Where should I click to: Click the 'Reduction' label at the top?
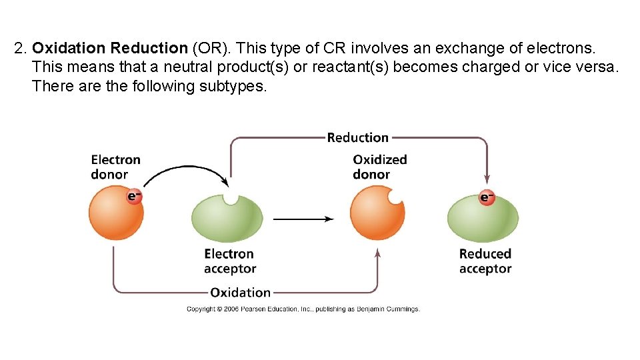(x=357, y=137)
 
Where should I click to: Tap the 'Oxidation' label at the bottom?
(x=240, y=292)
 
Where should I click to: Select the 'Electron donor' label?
(x=115, y=167)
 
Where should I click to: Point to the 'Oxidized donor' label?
(x=379, y=167)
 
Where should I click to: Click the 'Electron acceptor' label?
(x=229, y=261)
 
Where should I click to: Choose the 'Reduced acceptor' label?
(x=485, y=261)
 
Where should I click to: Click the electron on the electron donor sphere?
(x=134, y=196)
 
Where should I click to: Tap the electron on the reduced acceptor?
(x=487, y=197)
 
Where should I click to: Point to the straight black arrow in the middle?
(x=303, y=219)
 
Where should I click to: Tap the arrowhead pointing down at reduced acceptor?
(x=487, y=179)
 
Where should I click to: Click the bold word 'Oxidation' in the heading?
(x=69, y=48)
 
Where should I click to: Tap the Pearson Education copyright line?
(x=303, y=309)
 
